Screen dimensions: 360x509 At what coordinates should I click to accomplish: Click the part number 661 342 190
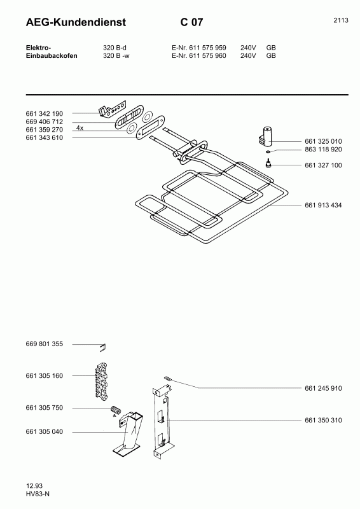click(44, 114)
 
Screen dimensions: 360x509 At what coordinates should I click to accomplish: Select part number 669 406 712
click(44, 122)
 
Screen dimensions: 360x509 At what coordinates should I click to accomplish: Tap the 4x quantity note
click(80, 129)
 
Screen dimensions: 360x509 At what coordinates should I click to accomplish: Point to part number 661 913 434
click(323, 205)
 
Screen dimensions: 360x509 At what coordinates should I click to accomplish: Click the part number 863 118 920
click(323, 150)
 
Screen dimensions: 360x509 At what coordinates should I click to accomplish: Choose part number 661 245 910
click(323, 388)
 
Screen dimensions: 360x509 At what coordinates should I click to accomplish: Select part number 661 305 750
click(44, 408)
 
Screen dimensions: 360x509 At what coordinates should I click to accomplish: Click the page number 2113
click(341, 20)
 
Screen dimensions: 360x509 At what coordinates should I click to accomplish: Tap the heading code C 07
click(192, 22)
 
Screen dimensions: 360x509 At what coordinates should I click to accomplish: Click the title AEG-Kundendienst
click(76, 22)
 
